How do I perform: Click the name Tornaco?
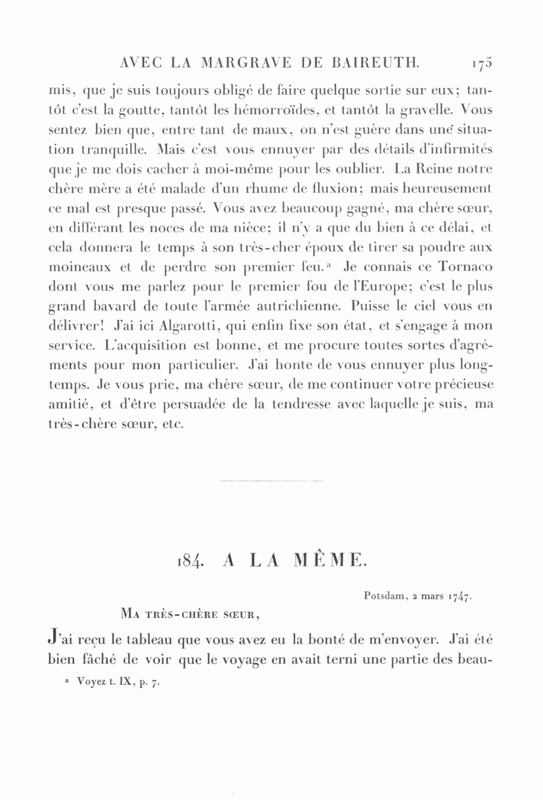pos(461,268)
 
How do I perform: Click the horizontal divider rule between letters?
pos(271,481)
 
